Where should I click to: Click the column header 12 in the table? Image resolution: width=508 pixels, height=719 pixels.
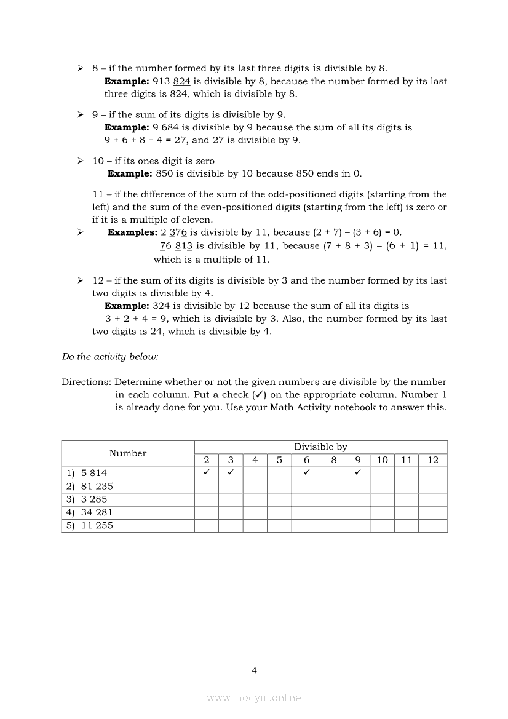[x=433, y=460]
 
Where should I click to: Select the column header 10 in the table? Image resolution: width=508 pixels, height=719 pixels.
[x=382, y=460]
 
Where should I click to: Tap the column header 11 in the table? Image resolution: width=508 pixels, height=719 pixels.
[x=406, y=460]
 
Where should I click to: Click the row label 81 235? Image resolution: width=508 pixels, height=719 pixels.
[x=97, y=486]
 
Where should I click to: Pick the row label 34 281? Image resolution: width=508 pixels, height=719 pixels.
[x=97, y=512]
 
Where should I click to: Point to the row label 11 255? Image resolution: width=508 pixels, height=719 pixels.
[x=97, y=526]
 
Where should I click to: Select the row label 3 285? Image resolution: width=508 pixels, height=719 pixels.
[x=94, y=499]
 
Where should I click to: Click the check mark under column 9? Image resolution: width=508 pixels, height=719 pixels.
[x=358, y=473]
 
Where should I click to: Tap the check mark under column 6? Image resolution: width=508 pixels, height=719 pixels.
[x=306, y=473]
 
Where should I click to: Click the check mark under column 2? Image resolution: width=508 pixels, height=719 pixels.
[x=207, y=473]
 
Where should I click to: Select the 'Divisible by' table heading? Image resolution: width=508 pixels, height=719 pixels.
[x=320, y=447]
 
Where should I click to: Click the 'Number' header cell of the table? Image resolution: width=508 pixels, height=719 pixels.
[x=128, y=453]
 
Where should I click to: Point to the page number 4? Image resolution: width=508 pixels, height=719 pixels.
[x=254, y=670]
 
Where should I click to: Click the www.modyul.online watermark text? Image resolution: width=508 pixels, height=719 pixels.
[x=254, y=697]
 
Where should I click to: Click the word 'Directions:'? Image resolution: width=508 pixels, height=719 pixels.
[x=87, y=382]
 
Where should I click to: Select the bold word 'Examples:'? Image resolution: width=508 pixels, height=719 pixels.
[x=133, y=232]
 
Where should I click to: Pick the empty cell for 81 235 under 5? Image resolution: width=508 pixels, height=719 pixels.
[x=279, y=486]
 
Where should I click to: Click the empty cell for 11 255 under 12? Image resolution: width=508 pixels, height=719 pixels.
[x=433, y=526]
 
